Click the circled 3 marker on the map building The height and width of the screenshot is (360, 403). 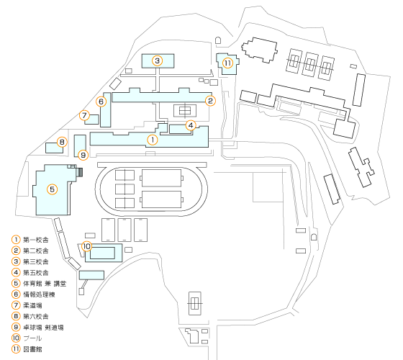[x=158, y=60]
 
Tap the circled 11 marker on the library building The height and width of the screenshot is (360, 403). [x=227, y=63]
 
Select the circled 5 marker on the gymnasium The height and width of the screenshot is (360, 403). [x=52, y=189]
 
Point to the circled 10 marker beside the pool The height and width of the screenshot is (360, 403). [x=86, y=246]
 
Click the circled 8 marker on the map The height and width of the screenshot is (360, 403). [x=62, y=142]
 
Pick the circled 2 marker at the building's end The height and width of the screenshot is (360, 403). [x=210, y=101]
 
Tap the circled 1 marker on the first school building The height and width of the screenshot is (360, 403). [x=153, y=140]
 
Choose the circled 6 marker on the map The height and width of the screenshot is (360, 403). [x=101, y=102]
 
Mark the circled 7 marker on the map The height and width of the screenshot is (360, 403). [x=84, y=115]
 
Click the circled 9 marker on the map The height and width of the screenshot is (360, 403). [x=83, y=155]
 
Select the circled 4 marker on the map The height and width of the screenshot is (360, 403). [x=191, y=125]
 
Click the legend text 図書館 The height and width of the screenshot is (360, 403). [x=32, y=349]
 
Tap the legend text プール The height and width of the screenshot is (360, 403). [x=32, y=338]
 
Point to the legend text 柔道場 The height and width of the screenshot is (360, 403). [x=32, y=305]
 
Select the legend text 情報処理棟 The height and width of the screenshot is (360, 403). [x=39, y=294]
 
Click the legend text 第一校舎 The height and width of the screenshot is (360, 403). [x=36, y=240]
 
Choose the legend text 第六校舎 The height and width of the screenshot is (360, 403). [x=36, y=316]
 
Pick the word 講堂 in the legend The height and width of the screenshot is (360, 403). [x=60, y=284]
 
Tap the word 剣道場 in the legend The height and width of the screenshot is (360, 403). [x=54, y=328]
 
